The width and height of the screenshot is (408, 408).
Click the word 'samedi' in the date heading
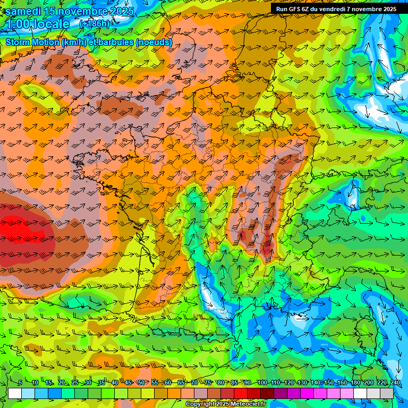tap(25, 11)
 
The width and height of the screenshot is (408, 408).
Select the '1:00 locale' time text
tap(38, 24)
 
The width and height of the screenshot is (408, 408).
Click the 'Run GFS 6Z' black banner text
tap(295, 9)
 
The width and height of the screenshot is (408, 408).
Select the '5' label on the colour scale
tap(20, 383)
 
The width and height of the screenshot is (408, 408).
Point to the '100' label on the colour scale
tap(262, 383)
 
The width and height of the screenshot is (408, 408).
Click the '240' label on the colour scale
tap(395, 383)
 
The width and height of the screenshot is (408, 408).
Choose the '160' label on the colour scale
tap(342, 383)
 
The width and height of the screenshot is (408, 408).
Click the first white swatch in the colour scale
tap(15, 393)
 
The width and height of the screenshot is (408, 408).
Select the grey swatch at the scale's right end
tap(387, 393)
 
